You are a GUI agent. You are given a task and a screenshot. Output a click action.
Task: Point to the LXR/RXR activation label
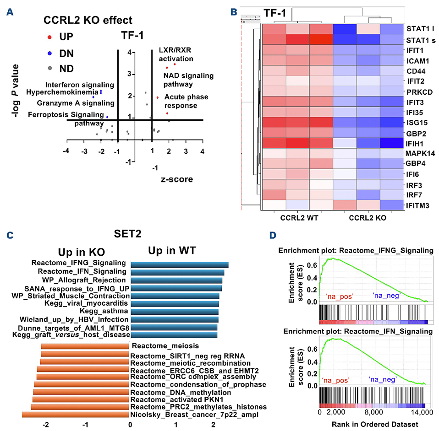click(x=176, y=54)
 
